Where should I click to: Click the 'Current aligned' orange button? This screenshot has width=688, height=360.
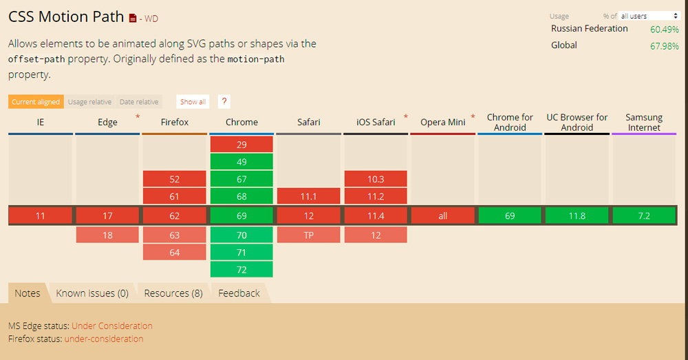click(x=36, y=102)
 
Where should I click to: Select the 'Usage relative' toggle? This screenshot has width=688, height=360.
click(x=89, y=102)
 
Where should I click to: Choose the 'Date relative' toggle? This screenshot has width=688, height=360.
click(x=139, y=102)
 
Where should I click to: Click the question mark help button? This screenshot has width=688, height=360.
click(x=224, y=102)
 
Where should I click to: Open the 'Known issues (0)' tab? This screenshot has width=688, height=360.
click(x=92, y=293)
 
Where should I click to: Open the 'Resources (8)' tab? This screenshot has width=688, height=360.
click(x=173, y=293)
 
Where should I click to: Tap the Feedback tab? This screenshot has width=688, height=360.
click(x=239, y=293)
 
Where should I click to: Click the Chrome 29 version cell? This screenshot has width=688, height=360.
click(x=241, y=145)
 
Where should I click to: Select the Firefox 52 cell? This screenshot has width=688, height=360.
click(x=174, y=179)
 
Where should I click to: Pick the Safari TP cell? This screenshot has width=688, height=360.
click(x=309, y=235)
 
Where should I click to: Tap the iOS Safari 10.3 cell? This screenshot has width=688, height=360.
click(x=376, y=179)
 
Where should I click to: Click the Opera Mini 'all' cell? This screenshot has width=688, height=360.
click(x=442, y=216)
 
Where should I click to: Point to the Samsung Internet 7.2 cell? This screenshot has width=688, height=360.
click(x=644, y=216)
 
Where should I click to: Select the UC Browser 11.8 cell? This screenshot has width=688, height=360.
click(x=577, y=216)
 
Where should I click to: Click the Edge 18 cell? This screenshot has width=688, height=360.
click(x=107, y=235)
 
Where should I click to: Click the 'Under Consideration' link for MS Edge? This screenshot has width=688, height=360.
click(x=112, y=326)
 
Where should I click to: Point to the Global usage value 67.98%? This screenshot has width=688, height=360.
click(x=664, y=46)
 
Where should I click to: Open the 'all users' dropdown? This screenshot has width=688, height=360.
click(x=649, y=16)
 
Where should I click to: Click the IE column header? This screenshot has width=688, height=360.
click(x=41, y=123)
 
